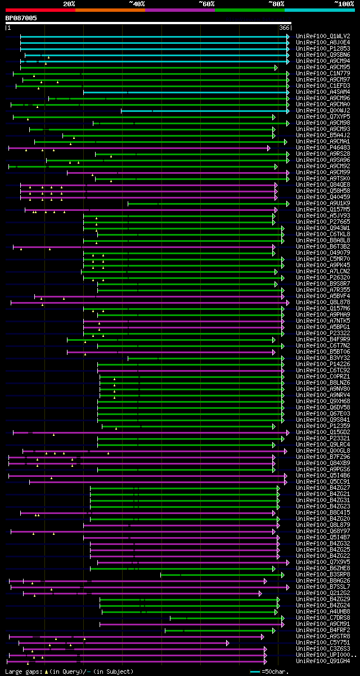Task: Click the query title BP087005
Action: pos(21,18)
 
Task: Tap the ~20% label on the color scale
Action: pos(69,3)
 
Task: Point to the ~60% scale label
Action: pos(206,3)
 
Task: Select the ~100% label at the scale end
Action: pos(344,3)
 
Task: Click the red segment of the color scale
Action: pos(40,10)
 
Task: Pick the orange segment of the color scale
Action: pos(110,10)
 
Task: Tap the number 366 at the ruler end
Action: pos(284,28)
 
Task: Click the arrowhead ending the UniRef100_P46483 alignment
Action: pos(269,148)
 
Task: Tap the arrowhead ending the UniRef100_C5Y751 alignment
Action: pos(228,643)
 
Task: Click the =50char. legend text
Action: pos(275,672)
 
